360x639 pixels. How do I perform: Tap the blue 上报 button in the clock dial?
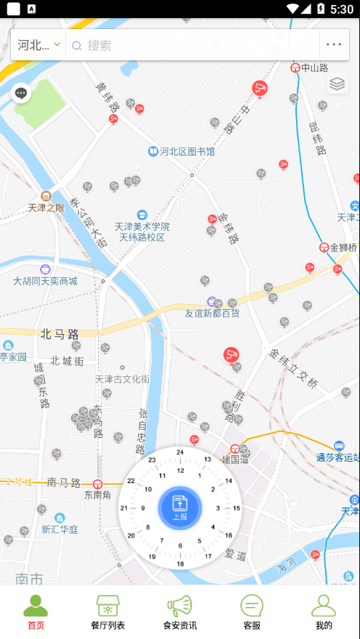point(179,508)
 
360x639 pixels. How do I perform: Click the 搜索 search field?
point(196,45)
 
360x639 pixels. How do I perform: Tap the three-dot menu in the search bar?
point(334,45)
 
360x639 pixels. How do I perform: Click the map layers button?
point(337,84)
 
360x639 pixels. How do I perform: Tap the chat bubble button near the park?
point(21,93)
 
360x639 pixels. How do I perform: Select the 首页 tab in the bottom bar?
point(36,612)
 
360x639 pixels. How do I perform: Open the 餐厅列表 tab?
point(107,612)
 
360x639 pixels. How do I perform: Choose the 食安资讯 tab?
point(179,612)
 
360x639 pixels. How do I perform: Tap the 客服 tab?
point(251,612)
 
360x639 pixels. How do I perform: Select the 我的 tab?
point(323,612)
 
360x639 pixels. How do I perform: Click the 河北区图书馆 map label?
point(187,152)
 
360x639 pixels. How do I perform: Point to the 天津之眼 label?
point(46,207)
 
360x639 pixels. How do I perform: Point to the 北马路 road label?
point(60,335)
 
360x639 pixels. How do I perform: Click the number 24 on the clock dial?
point(180,452)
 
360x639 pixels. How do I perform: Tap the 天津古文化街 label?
point(122,379)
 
